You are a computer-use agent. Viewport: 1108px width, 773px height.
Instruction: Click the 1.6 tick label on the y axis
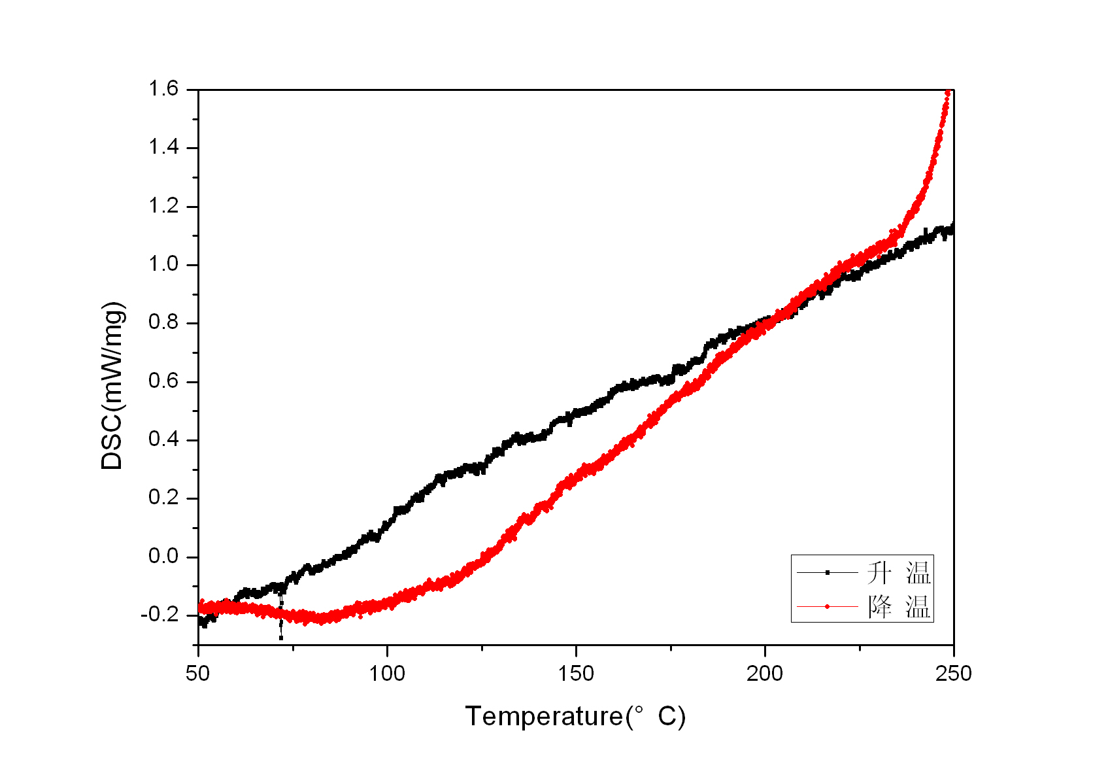click(164, 89)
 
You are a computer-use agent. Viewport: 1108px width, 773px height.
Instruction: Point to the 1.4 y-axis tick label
click(164, 147)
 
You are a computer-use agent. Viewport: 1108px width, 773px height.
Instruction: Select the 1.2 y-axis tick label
click(164, 206)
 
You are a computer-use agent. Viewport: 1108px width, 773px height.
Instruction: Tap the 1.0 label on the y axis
click(164, 264)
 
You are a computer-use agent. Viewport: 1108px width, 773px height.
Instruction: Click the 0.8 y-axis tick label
click(164, 322)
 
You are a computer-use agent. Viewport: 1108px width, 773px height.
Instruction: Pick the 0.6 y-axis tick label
click(164, 381)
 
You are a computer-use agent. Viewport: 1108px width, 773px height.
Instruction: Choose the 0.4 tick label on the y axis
click(164, 439)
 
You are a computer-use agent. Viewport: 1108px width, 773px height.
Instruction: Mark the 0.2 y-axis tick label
click(164, 498)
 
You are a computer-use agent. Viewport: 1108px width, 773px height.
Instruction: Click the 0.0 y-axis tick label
click(164, 557)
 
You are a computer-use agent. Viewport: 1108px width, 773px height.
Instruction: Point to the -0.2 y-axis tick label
click(161, 615)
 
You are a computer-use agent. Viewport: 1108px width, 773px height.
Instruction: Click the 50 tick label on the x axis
click(198, 673)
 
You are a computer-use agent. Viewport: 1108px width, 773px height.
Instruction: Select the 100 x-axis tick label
click(387, 673)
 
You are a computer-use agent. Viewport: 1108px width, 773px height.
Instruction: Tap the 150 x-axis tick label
click(576, 673)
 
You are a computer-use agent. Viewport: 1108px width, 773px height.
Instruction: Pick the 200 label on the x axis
click(765, 673)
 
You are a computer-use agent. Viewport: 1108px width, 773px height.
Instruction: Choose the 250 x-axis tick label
click(954, 673)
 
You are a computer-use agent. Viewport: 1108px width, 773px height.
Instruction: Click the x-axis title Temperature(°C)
click(575, 717)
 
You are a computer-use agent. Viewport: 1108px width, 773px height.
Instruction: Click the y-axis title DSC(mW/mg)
click(112, 386)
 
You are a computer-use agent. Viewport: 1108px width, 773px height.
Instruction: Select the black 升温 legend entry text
click(899, 573)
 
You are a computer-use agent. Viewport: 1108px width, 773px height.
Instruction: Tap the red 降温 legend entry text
click(899, 607)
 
